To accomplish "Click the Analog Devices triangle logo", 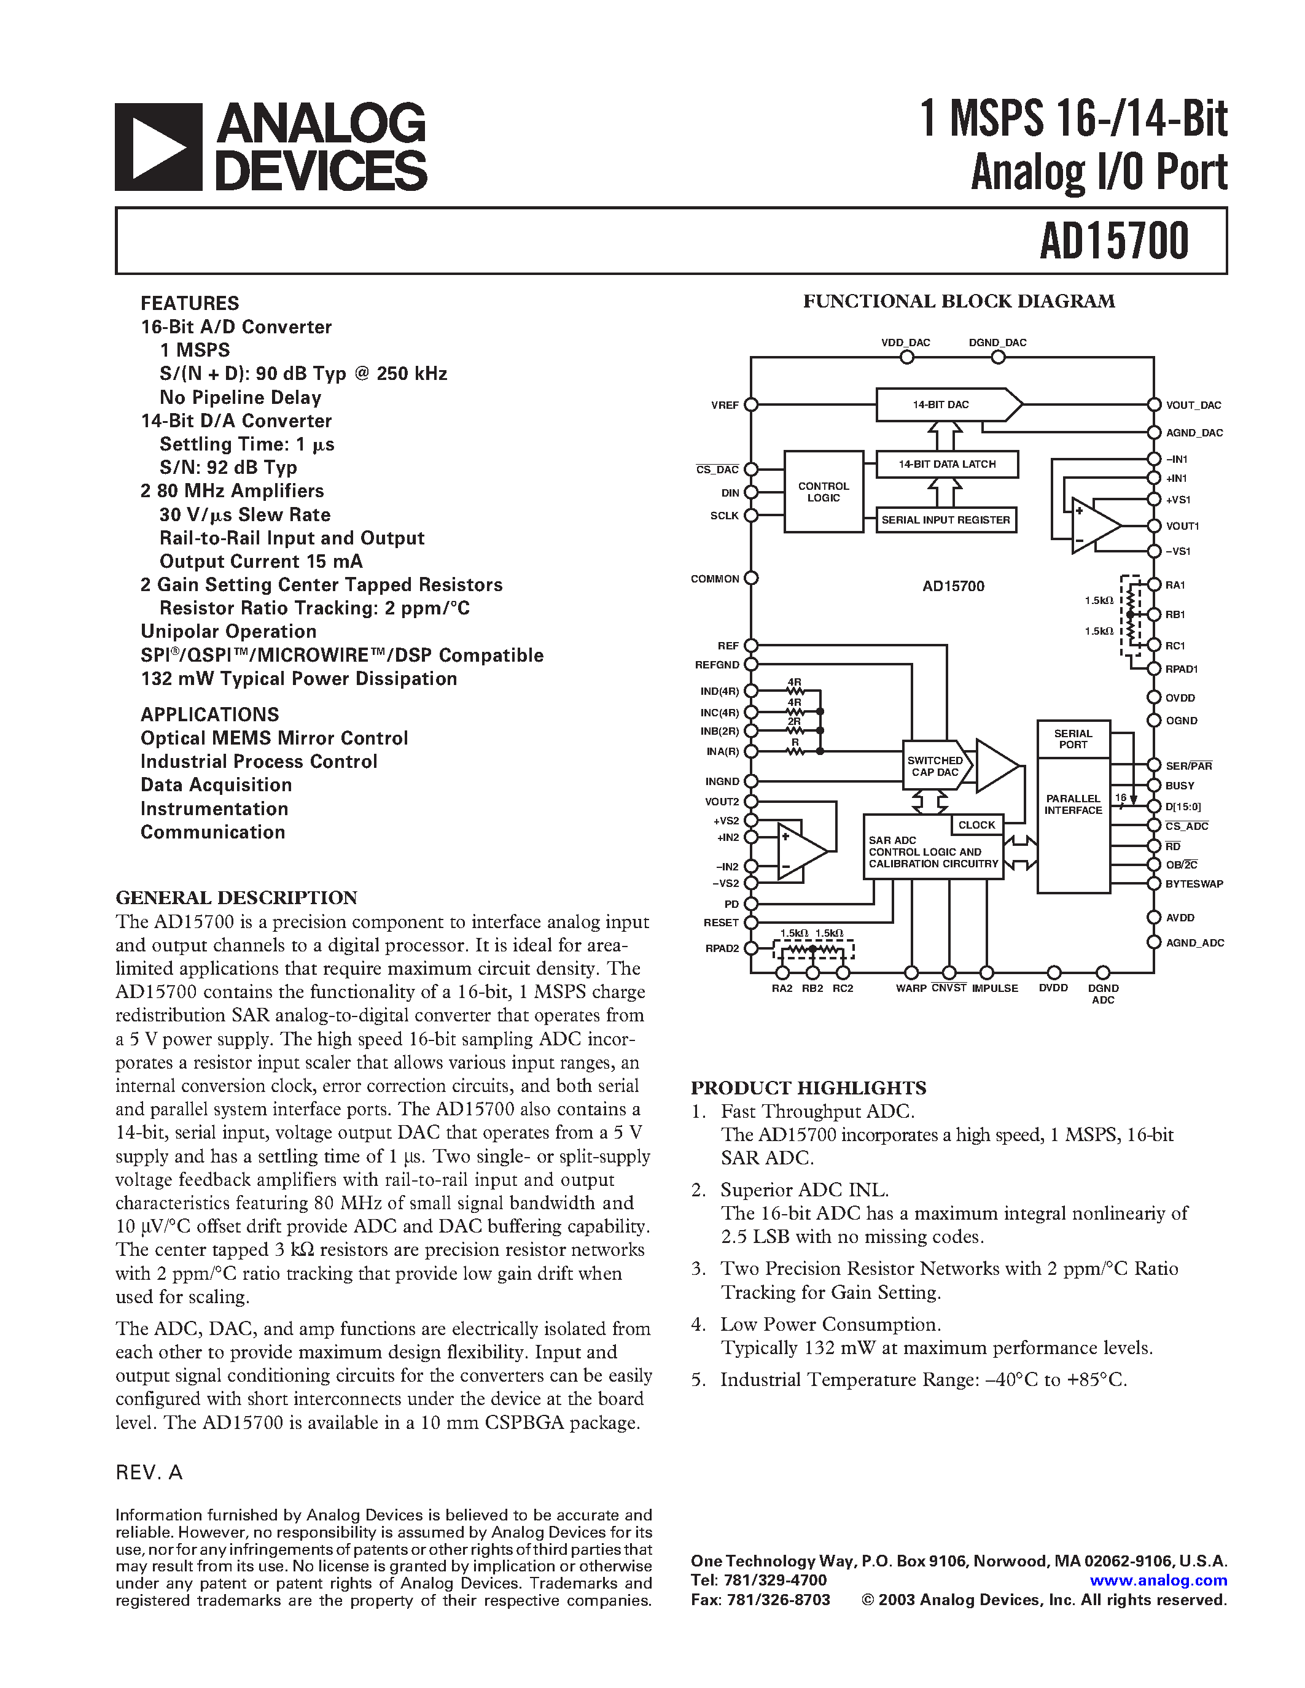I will pyautogui.click(x=158, y=147).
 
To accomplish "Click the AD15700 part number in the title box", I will pyautogui.click(x=1113, y=241).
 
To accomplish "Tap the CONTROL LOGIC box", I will pyautogui.click(x=824, y=492).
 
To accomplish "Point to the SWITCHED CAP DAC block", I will pyautogui.click(x=935, y=766).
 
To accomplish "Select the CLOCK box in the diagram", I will pyautogui.click(x=976, y=826).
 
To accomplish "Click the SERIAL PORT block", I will pyautogui.click(x=1073, y=740).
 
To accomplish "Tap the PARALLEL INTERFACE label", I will pyautogui.click(x=1073, y=805).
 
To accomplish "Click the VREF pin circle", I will pyautogui.click(x=750, y=405).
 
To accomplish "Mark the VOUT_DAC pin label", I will pyautogui.click(x=1193, y=405).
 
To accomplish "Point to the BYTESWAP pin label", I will pyautogui.click(x=1194, y=884).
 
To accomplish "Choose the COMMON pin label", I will pyautogui.click(x=714, y=579).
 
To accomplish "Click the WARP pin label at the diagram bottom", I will pyautogui.click(x=911, y=988).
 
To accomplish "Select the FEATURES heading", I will pyautogui.click(x=189, y=303).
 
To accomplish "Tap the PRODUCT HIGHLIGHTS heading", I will pyautogui.click(x=808, y=1088).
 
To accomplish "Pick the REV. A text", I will pyautogui.click(x=149, y=1473).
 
